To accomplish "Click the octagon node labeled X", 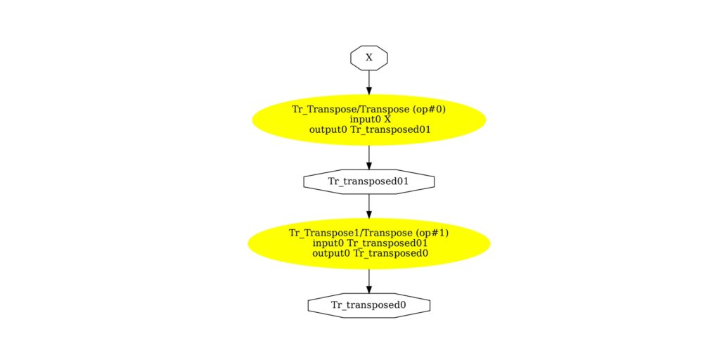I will (369, 58).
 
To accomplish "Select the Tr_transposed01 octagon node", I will (369, 181).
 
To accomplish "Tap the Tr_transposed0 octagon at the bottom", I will (369, 305).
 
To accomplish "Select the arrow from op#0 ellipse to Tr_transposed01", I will (369, 156).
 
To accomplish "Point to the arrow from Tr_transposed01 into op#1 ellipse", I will (369, 205).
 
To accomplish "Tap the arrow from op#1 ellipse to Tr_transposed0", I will (369, 280).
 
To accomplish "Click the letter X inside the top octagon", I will (369, 58).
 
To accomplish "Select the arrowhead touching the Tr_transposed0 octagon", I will (369, 288).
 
